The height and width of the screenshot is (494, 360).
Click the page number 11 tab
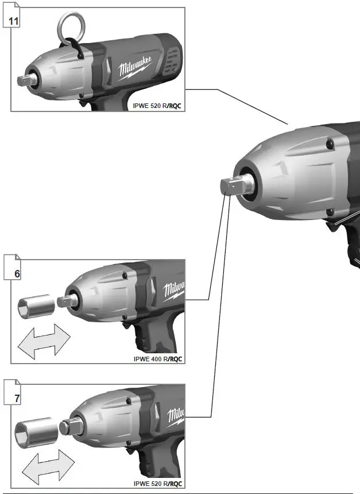click(13, 22)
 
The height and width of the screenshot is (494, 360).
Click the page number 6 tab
click(17, 273)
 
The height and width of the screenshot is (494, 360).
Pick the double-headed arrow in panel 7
click(49, 462)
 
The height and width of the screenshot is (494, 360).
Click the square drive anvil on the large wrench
click(233, 188)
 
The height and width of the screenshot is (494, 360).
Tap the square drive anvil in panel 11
click(25, 80)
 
